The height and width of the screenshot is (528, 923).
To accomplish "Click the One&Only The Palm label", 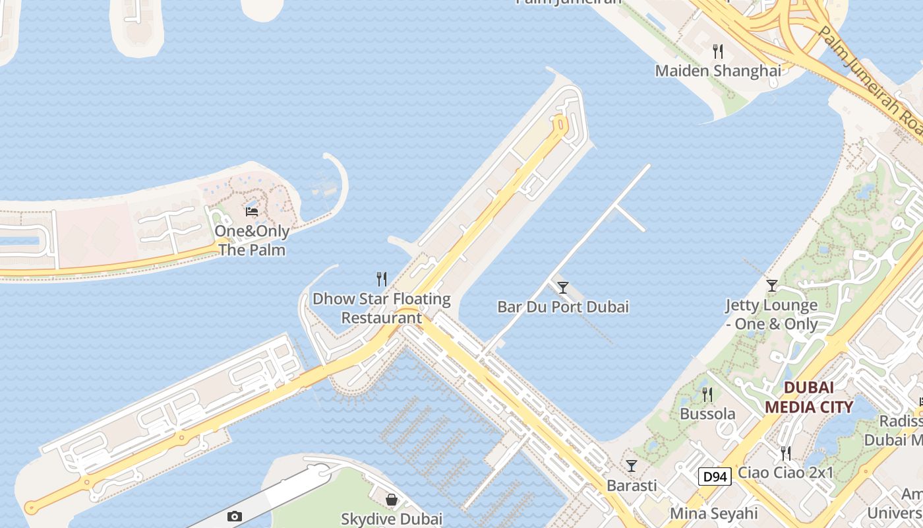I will click(x=252, y=241).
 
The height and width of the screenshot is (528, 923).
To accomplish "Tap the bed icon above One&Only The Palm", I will click(x=252, y=212).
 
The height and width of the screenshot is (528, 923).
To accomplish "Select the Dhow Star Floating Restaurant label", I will click(x=381, y=308).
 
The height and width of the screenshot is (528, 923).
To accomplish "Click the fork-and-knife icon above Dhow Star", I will click(x=381, y=279).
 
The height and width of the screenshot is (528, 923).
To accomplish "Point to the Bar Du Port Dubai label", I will click(x=563, y=307).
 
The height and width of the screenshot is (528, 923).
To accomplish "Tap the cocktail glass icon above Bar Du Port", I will click(x=563, y=288).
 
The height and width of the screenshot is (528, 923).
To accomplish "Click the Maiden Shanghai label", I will click(x=718, y=71).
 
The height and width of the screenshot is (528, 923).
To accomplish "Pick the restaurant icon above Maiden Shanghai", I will click(x=718, y=51).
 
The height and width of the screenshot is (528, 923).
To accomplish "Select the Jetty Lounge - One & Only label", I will click(x=771, y=315).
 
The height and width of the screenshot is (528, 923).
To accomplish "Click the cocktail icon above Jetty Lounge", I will click(x=772, y=286).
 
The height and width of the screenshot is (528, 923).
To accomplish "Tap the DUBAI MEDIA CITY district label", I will click(x=809, y=397).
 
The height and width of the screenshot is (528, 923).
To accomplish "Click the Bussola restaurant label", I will click(x=707, y=414).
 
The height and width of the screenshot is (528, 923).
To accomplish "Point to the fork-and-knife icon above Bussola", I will click(x=707, y=395).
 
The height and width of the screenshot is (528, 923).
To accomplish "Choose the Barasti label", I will click(x=632, y=486).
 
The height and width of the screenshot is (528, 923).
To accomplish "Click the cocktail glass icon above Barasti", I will click(x=632, y=466).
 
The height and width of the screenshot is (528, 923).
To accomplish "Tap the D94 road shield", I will click(x=715, y=477).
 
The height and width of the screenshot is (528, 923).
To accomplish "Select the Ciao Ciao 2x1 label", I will click(x=786, y=473).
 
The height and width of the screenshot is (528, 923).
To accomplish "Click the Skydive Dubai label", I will click(x=392, y=519).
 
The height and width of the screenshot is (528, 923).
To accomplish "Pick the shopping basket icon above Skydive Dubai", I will click(x=392, y=500).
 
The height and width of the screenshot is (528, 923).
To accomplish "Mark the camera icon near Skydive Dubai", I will click(x=234, y=517).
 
